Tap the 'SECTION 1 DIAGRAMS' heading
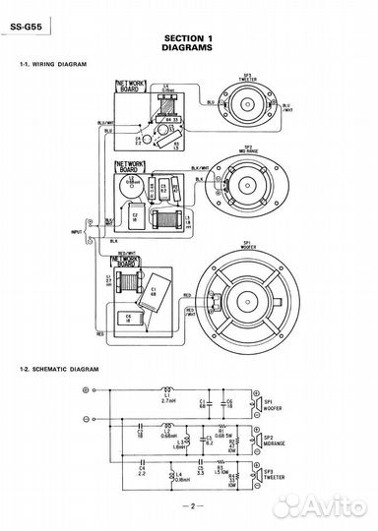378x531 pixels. (x=189, y=40)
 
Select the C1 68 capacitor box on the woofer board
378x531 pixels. (x=154, y=281)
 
